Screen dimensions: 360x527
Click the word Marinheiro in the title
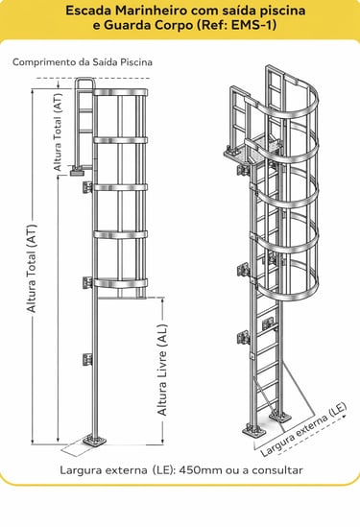point(151,11)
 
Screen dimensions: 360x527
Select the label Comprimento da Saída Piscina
point(83,62)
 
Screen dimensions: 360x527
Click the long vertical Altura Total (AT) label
point(32,268)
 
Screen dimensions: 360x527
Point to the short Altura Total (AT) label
point(59,132)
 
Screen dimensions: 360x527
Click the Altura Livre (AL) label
point(162,370)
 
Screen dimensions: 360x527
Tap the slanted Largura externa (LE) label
point(303,429)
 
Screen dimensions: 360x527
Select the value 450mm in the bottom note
point(201,469)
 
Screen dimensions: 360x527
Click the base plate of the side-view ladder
point(95,441)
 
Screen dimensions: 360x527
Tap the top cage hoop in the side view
point(120,92)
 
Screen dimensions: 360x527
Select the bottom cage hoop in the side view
point(120,283)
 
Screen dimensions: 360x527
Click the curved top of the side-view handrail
point(84,81)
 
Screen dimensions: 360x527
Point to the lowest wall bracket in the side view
point(87,360)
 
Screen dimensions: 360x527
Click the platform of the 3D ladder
point(252,150)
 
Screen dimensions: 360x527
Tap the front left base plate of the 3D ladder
point(254,431)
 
